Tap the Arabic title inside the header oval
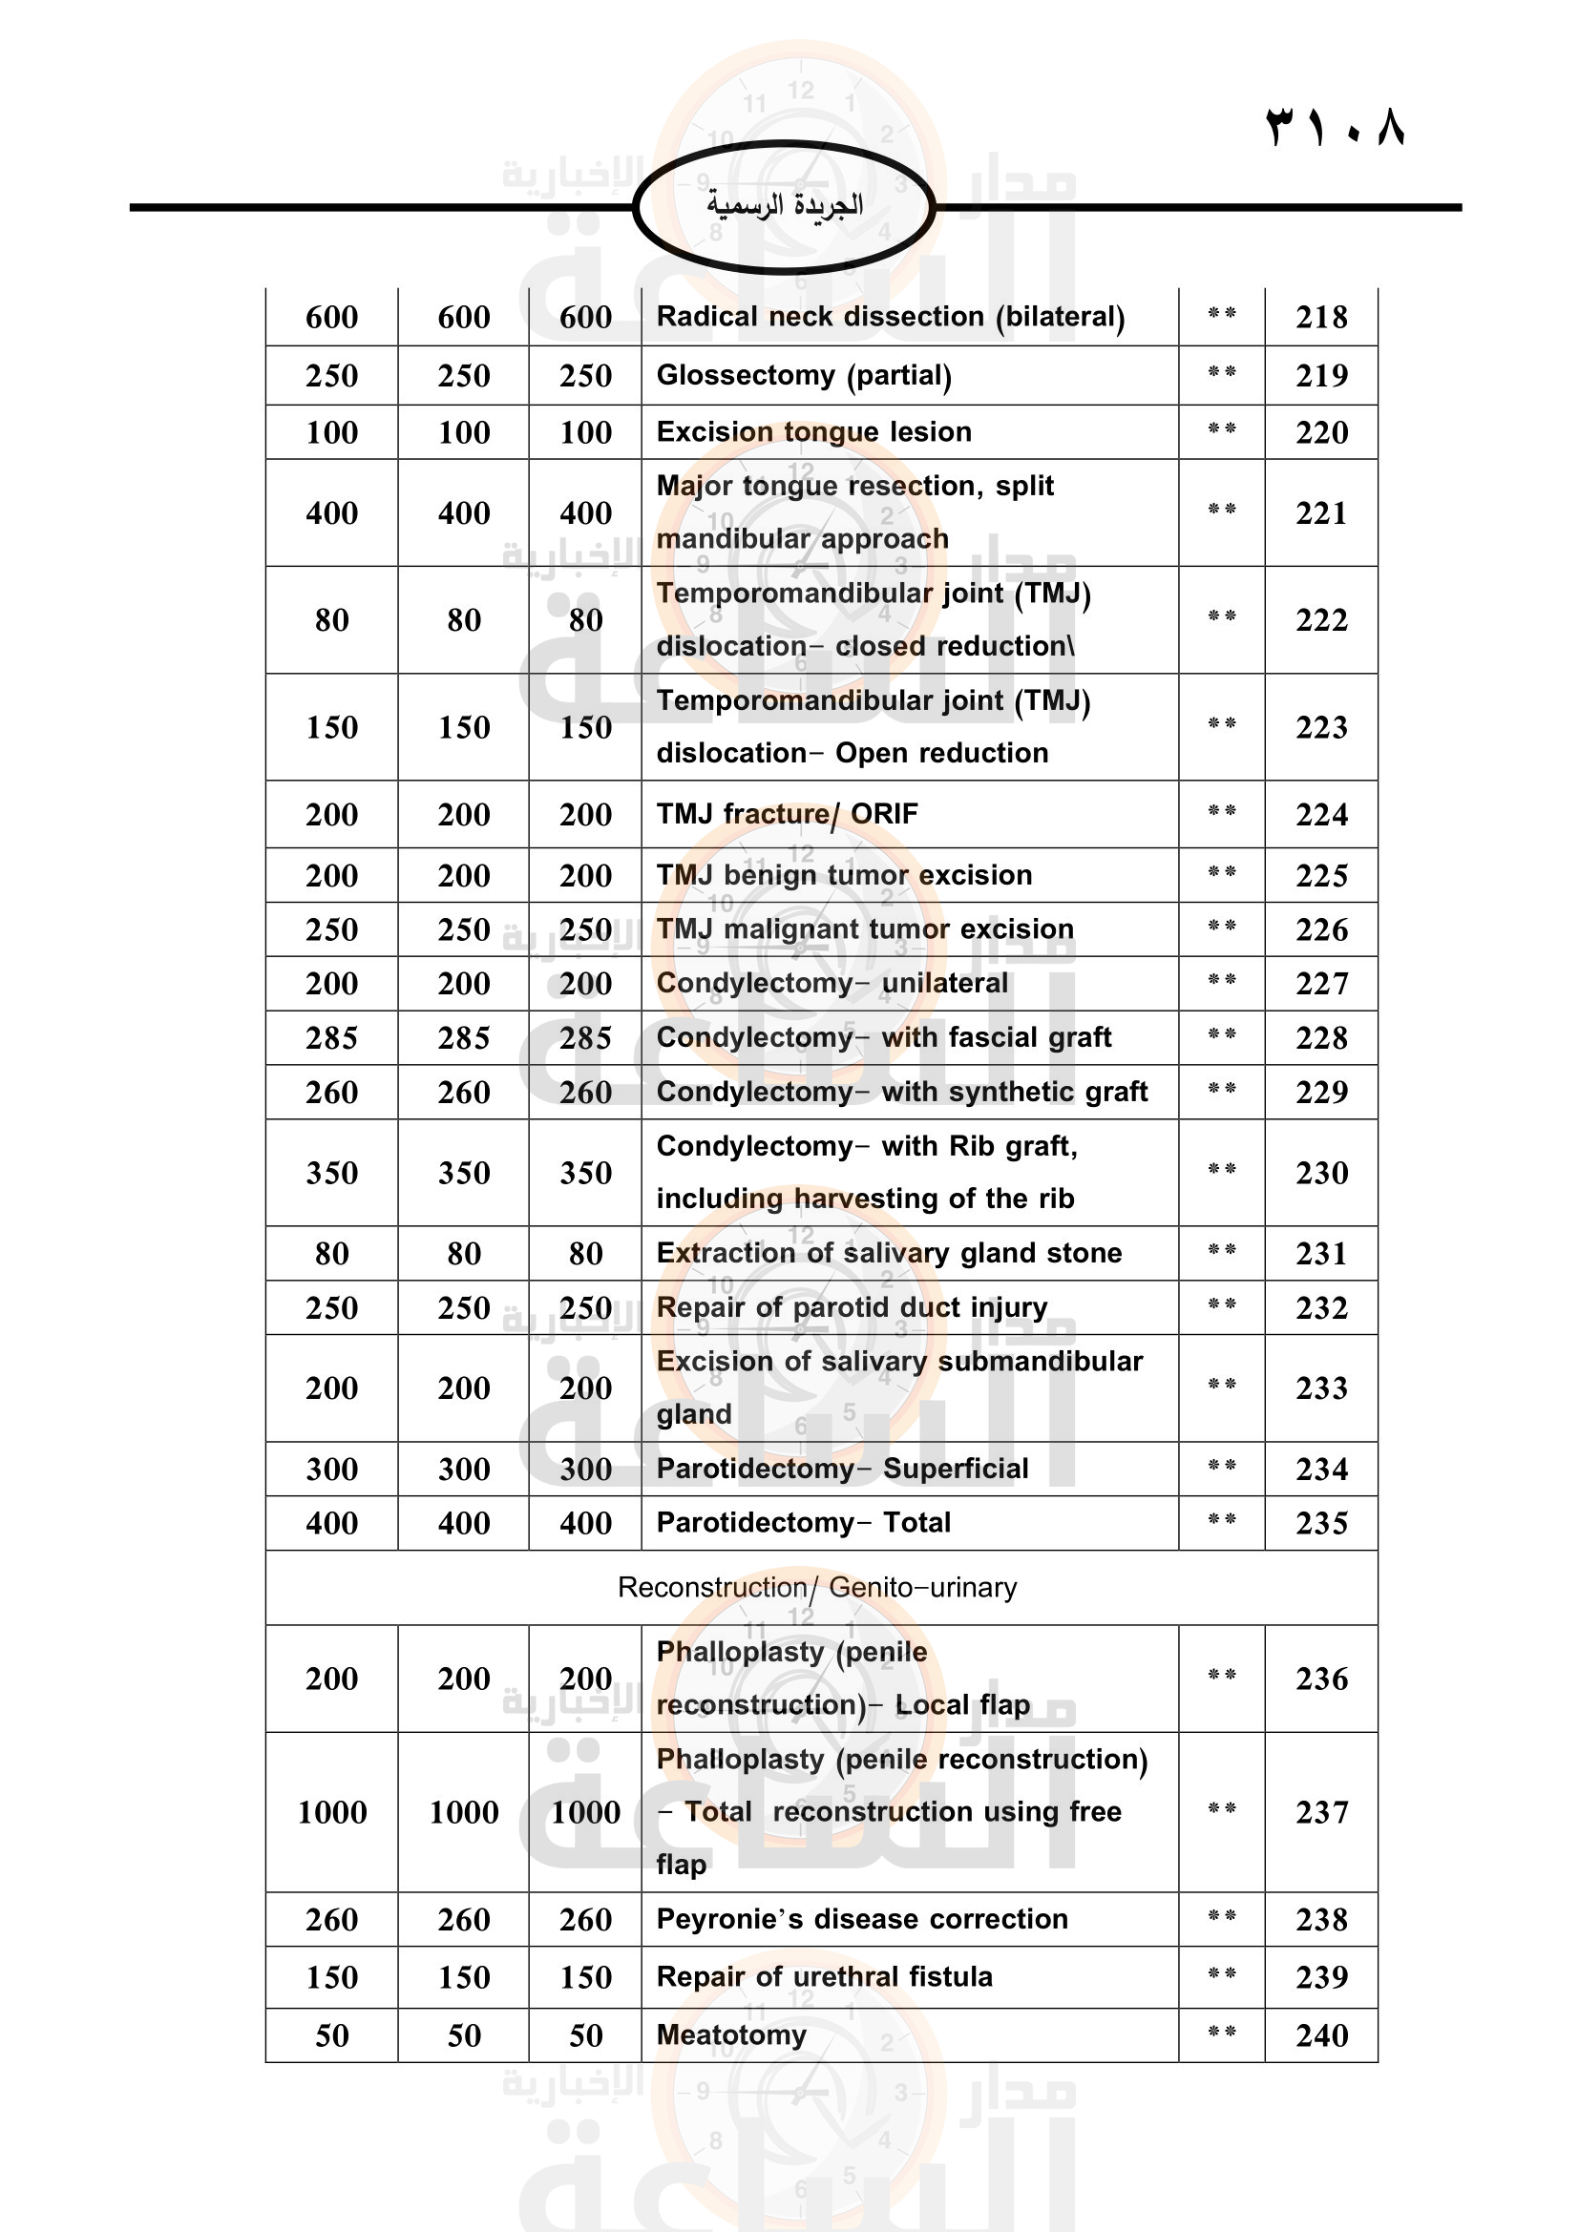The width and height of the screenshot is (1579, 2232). (785, 205)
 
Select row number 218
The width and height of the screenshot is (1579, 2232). (1321, 317)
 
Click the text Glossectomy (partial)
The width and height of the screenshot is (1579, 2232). (804, 375)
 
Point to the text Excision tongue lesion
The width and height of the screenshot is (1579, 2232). (813, 431)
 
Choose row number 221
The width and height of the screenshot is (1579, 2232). (1321, 513)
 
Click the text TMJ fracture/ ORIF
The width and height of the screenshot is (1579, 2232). (787, 815)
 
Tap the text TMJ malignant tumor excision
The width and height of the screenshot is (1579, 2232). (864, 929)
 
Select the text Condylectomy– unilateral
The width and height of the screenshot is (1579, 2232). (832, 983)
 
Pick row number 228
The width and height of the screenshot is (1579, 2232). (1321, 1038)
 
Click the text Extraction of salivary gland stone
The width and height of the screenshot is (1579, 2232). (889, 1253)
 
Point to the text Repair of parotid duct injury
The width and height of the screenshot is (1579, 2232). (852, 1307)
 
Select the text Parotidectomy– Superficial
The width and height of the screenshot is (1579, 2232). (842, 1469)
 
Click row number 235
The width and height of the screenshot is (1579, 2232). (1321, 1523)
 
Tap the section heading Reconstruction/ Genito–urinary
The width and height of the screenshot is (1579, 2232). (817, 1588)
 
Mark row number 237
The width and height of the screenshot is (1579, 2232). (1321, 1812)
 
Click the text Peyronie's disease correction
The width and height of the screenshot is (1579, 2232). (861, 1919)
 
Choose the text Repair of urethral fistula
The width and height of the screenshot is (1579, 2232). (825, 1976)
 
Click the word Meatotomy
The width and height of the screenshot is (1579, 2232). (731, 2034)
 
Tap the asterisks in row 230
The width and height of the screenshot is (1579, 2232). (1221, 1171)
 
